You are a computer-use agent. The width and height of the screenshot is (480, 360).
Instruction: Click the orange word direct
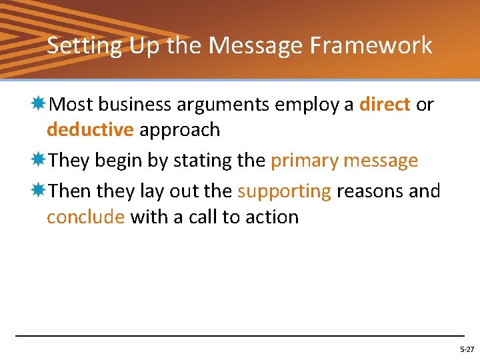coord(384,105)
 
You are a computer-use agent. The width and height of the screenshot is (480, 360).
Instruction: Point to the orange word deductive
coord(90,129)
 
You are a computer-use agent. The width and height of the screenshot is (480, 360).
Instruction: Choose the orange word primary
coord(305,161)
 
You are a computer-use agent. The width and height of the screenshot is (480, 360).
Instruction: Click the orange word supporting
coord(284,191)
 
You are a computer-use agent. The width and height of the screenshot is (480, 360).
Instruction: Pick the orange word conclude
coord(85,217)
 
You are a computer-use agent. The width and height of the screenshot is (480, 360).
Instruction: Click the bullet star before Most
coord(39,104)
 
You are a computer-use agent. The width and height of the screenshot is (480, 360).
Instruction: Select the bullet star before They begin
coord(39,160)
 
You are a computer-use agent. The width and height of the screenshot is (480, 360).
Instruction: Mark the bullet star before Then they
coord(39,191)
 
